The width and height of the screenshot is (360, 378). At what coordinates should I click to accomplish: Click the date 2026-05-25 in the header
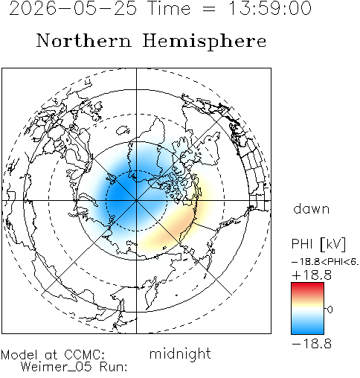click(x=73, y=8)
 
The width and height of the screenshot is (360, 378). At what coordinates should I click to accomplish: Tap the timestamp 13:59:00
click(x=269, y=8)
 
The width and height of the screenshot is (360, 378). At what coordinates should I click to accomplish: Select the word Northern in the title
click(x=84, y=40)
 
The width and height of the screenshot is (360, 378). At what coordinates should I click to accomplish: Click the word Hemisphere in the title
click(x=205, y=42)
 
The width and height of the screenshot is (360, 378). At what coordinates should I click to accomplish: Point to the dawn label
click(x=312, y=208)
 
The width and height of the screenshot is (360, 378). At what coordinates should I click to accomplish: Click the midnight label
click(x=180, y=353)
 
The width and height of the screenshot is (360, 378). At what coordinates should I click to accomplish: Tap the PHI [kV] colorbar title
click(x=318, y=244)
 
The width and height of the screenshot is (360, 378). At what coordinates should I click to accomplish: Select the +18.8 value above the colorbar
click(x=312, y=275)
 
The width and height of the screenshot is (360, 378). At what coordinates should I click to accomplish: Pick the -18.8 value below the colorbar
click(x=312, y=344)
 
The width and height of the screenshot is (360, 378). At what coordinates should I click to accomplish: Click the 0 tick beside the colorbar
click(x=330, y=310)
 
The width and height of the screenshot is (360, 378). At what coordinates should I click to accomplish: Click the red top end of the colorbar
click(x=307, y=285)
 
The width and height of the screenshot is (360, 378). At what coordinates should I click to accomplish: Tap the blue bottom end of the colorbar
click(x=307, y=331)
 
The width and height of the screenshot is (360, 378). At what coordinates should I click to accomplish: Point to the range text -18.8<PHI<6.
click(x=325, y=262)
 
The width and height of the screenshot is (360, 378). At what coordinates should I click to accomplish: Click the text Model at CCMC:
click(x=53, y=354)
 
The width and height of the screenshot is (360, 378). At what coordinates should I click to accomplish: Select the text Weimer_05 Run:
click(x=74, y=367)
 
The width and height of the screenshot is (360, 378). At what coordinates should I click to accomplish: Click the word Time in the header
click(x=170, y=8)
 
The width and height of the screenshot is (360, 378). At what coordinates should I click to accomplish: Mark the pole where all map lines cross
click(x=136, y=200)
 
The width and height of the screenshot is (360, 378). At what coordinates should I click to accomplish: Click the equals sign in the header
click(x=209, y=9)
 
